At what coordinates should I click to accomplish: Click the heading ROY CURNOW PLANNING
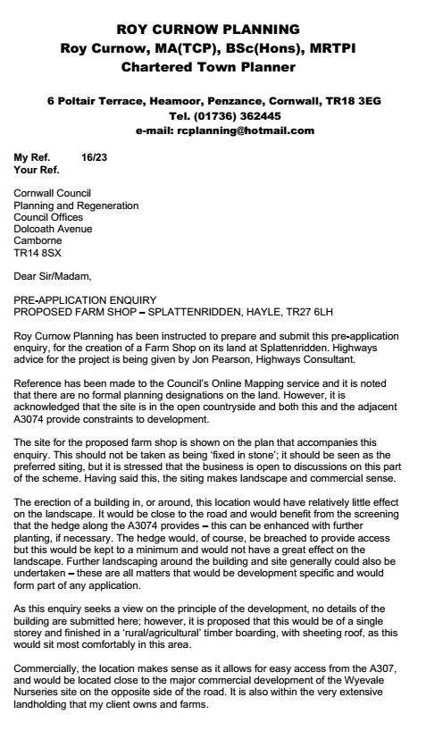213,29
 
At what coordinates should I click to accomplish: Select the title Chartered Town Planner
213,66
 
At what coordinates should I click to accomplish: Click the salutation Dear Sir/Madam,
53,276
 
